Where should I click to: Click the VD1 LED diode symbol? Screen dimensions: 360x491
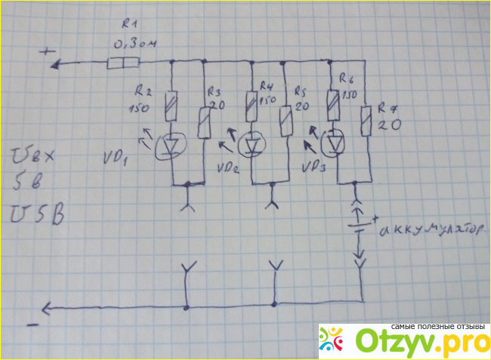173,143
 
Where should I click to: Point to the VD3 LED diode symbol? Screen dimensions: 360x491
332,141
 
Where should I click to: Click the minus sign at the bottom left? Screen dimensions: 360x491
32,326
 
